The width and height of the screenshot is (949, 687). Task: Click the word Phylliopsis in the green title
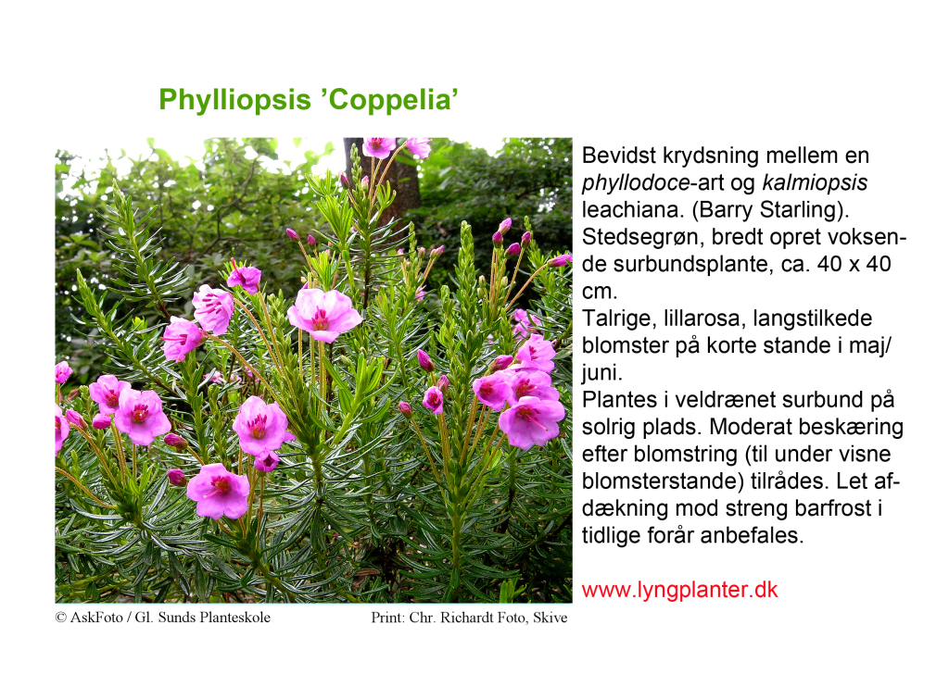tap(234, 100)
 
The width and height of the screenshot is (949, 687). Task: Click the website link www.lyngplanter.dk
tap(679, 590)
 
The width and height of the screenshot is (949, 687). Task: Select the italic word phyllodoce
tap(636, 183)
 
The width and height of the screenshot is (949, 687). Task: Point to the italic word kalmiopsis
tap(815, 183)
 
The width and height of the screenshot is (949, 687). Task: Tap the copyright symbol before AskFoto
tap(60, 618)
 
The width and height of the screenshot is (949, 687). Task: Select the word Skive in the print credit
tap(550, 618)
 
